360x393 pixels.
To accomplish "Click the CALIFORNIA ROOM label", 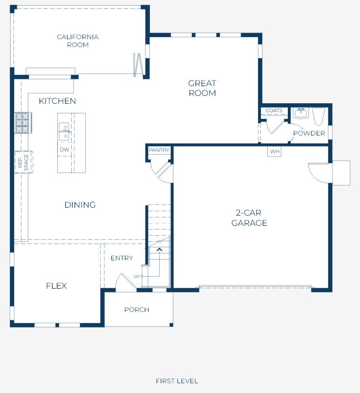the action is point(78,41).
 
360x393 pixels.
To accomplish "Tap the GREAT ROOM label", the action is point(202,88).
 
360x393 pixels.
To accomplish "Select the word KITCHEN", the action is point(57,101).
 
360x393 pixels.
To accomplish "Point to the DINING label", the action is point(80,205).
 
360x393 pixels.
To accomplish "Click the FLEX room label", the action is point(56,286).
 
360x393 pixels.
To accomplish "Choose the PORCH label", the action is point(136,310).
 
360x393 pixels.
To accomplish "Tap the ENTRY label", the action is point(122,258).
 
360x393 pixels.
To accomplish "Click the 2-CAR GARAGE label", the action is point(249,218).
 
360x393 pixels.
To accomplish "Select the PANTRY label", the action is point(159,150).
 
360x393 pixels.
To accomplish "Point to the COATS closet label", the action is point(274,110).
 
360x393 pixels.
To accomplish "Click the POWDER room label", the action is point(309,133).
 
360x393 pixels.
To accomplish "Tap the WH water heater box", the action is point(274,151).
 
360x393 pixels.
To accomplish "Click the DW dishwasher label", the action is point(64,149).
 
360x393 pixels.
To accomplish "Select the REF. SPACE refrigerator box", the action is point(24,162).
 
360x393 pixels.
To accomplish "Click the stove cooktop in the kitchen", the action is point(23,122).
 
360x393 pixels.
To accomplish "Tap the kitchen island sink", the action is point(64,132).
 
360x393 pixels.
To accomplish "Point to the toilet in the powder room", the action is point(319,116).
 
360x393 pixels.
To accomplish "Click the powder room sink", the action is point(300,114).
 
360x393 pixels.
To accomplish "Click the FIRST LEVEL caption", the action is point(177,381).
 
